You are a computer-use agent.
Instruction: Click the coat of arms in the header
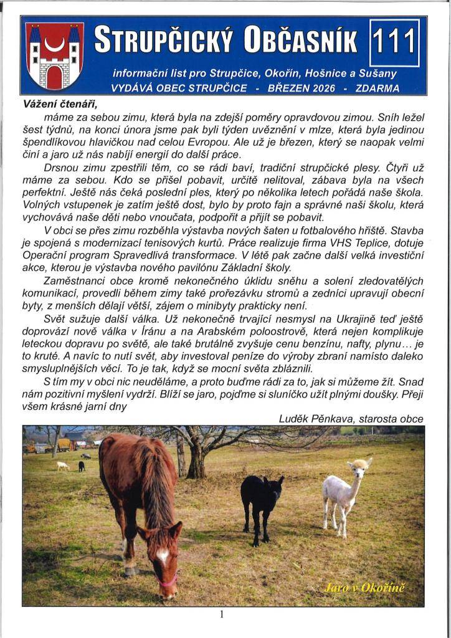pyautogui.click(x=55, y=55)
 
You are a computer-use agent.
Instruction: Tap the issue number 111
pyautogui.click(x=394, y=42)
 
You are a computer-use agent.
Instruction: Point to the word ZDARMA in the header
pyautogui.click(x=377, y=88)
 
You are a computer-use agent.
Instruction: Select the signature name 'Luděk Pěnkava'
pyautogui.click(x=315, y=419)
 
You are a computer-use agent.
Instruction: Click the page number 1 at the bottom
pyautogui.click(x=221, y=614)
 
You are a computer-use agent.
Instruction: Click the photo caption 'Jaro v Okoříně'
pyautogui.click(x=365, y=588)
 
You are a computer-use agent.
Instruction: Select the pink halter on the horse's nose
pyautogui.click(x=167, y=580)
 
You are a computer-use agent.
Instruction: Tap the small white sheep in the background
pyautogui.click(x=62, y=465)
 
